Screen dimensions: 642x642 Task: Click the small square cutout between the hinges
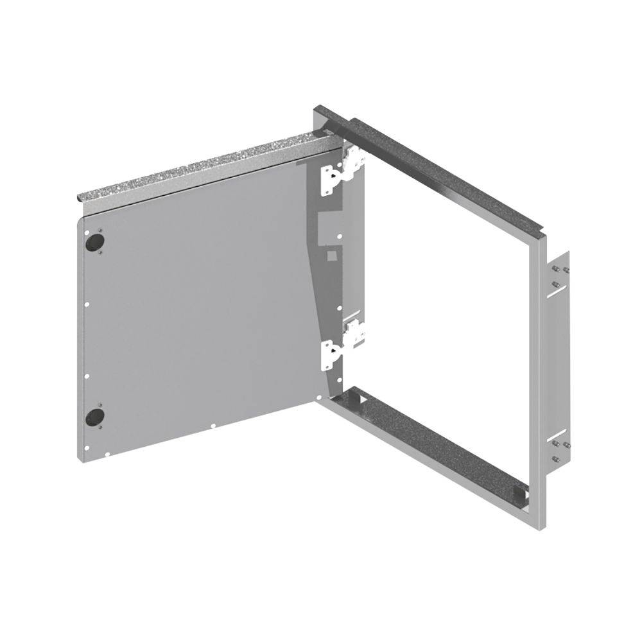331,255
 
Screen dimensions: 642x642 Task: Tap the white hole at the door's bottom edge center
213,424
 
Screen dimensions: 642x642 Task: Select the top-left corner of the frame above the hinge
318,112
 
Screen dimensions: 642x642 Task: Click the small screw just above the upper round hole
101,229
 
